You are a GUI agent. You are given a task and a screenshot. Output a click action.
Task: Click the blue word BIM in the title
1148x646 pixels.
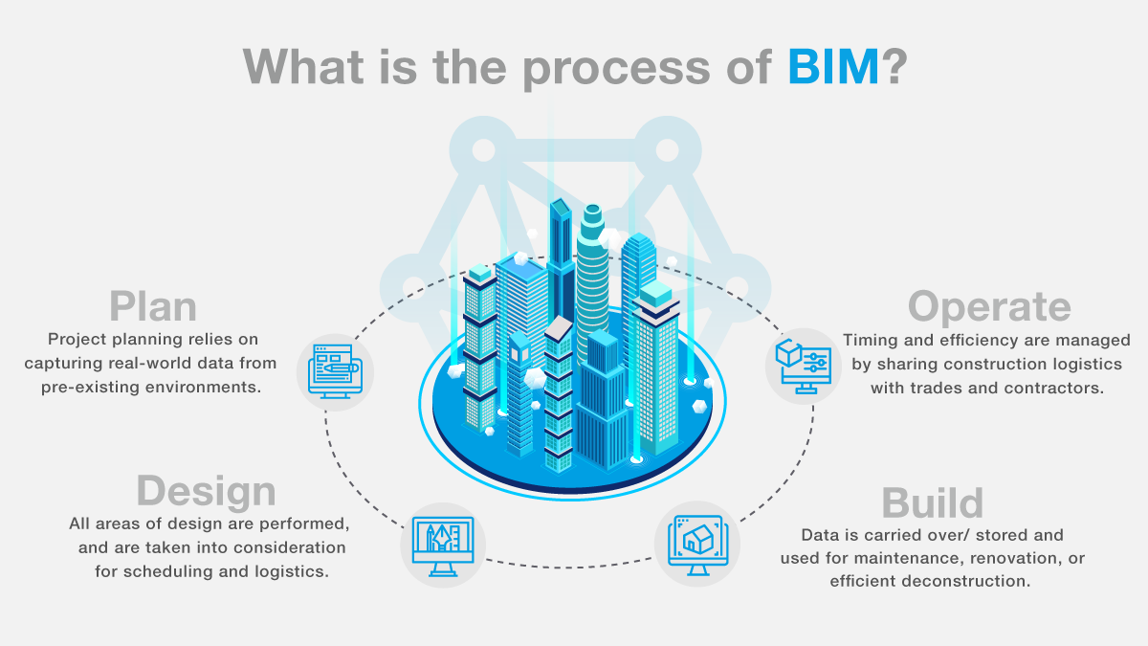click(833, 67)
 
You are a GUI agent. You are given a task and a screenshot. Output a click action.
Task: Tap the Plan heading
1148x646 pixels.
click(153, 307)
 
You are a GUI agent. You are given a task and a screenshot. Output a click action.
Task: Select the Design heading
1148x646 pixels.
click(206, 491)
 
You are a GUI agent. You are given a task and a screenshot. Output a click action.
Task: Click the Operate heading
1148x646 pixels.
click(989, 307)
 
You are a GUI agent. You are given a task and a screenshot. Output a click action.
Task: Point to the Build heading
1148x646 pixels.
click(932, 503)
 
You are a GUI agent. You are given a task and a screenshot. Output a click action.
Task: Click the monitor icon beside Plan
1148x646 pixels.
click(335, 371)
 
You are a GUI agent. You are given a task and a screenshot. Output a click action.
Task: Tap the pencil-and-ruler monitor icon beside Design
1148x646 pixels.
click(443, 546)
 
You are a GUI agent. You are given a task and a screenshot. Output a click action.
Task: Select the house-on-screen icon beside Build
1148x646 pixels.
click(697, 545)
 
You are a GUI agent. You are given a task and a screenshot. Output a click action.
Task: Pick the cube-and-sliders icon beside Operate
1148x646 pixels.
click(803, 366)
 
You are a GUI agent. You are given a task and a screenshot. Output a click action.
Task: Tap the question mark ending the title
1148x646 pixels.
click(894, 67)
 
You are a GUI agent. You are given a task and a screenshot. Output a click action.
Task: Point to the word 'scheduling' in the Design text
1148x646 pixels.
click(167, 571)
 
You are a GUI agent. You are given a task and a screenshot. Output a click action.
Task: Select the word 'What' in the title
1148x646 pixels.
click(303, 67)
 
